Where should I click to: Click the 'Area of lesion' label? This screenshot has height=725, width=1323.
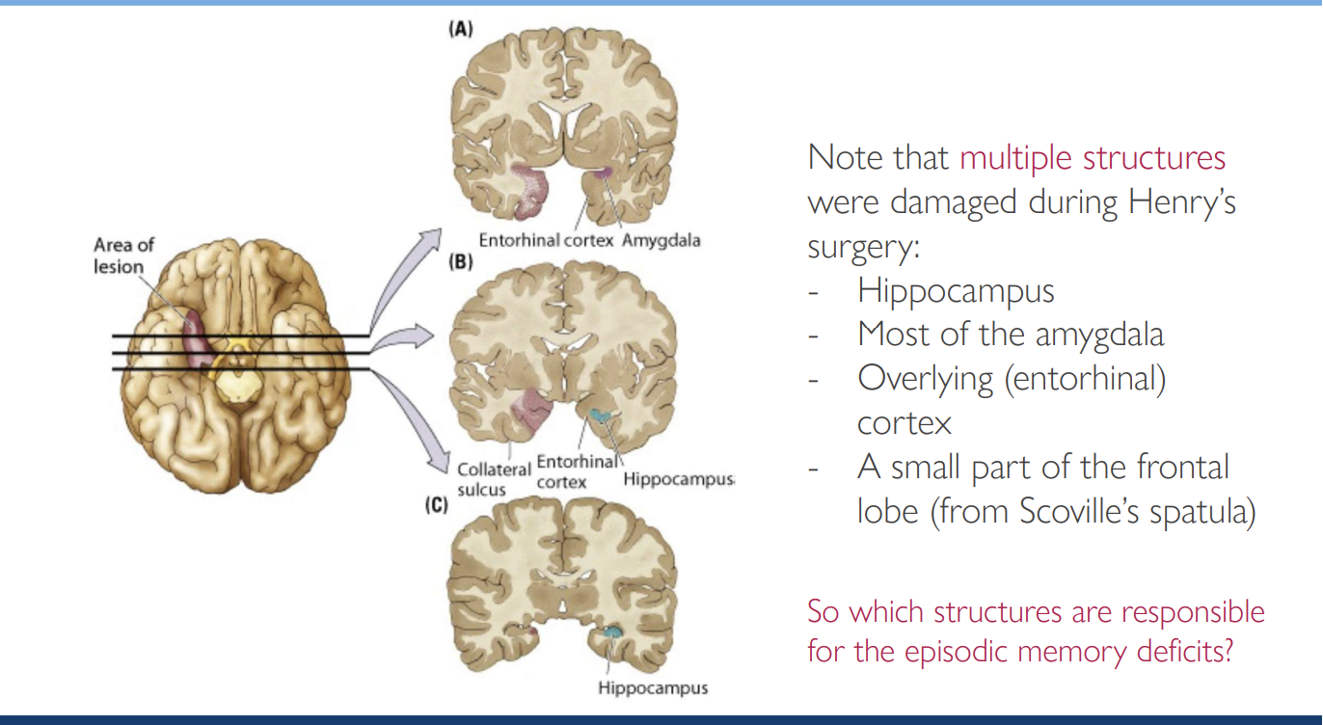click(x=123, y=255)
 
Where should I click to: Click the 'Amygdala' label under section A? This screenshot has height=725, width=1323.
click(x=661, y=240)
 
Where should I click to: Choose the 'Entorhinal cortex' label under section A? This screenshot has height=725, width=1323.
click(x=546, y=240)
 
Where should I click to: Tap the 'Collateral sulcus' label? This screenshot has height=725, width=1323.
click(x=494, y=479)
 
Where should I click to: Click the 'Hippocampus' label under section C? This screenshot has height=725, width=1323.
click(x=652, y=688)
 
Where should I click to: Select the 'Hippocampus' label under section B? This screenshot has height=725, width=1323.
click(x=678, y=479)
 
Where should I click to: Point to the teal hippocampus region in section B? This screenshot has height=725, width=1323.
click(x=601, y=416)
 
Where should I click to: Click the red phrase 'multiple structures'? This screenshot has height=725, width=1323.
click(x=1092, y=157)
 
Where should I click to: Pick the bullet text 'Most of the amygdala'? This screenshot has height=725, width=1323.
click(x=1011, y=335)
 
